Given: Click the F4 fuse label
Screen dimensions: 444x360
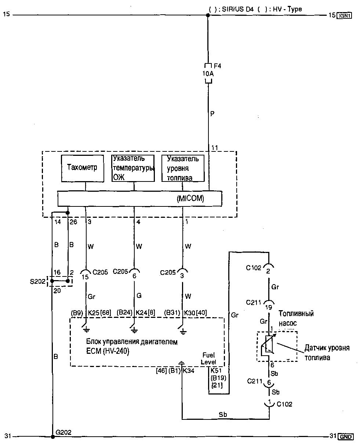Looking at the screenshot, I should click(218, 66).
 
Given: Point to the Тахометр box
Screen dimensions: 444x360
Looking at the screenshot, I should click(83, 168).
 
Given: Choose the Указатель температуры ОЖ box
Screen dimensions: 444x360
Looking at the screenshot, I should click(133, 168).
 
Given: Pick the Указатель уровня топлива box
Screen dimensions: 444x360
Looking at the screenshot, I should click(183, 168).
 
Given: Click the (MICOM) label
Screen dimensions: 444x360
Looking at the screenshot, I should click(190, 198).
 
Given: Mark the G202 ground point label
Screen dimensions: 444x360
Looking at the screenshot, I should click(63, 432).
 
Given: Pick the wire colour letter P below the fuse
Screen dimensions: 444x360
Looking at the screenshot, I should click(212, 114).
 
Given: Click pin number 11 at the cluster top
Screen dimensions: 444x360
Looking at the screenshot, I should click(214, 148).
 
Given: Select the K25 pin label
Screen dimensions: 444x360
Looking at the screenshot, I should click(94, 312).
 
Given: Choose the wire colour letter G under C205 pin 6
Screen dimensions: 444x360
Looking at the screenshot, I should click(139, 296).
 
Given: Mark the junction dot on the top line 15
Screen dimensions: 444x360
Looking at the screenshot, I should click(208, 15).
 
